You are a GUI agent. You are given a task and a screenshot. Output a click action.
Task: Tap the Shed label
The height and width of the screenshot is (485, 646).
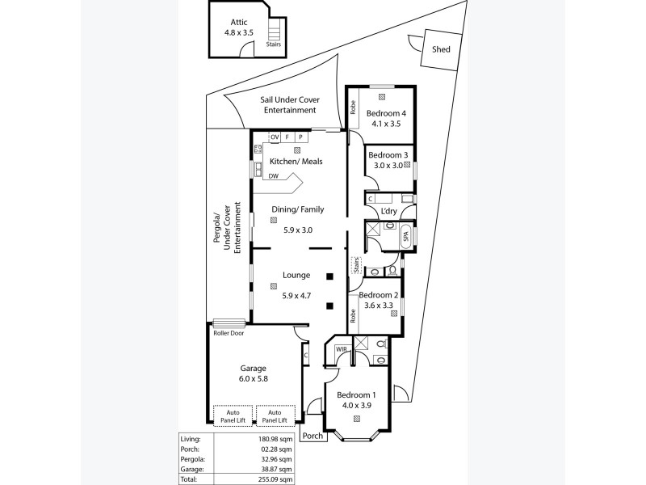coord(441,49)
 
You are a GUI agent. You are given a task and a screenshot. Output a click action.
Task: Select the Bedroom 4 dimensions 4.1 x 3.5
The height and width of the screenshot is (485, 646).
coord(386,124)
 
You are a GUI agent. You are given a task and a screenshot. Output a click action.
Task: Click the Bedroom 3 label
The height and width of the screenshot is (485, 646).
coord(388,155)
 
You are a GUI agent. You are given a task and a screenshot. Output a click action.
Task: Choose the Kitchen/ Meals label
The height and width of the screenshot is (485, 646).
coord(296,162)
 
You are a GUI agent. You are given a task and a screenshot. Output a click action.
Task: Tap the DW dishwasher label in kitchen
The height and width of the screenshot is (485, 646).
coord(274,176)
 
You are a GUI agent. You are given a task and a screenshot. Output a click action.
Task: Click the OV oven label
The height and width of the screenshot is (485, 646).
coord(275,137)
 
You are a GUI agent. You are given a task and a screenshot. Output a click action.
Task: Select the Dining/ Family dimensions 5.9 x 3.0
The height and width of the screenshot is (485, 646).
coord(298,230)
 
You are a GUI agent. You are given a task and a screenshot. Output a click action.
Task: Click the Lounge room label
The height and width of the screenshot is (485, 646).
coord(296,276)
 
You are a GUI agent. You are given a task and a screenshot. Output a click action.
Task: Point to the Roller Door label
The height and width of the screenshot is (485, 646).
coord(229,332)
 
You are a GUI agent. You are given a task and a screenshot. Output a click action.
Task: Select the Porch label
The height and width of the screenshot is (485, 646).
coord(311,436)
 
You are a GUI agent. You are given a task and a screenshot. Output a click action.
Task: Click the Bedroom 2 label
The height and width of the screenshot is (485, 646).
coord(379,295)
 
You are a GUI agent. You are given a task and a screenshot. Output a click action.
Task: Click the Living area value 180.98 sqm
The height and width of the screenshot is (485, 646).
coord(275,439)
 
